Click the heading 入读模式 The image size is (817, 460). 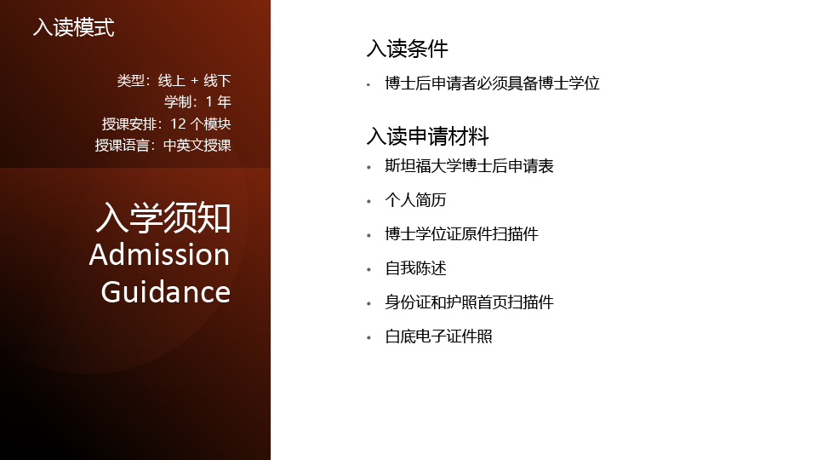73,27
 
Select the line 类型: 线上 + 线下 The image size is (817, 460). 174,81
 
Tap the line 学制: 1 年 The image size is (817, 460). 197,101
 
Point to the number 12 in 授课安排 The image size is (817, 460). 178,124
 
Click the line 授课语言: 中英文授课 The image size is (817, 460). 163,145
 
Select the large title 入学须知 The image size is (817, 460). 163,217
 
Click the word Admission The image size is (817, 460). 159,255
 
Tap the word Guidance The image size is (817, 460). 166,291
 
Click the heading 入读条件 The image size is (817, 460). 407,49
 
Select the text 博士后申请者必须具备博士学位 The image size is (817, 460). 493,83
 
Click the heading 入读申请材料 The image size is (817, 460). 427,136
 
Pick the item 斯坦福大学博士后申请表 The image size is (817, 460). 469,166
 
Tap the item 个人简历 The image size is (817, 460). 415,199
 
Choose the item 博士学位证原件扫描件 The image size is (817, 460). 461,233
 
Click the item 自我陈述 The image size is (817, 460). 415,268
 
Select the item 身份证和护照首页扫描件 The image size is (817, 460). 469,302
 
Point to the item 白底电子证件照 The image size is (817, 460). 438,336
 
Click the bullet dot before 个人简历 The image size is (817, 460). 369,201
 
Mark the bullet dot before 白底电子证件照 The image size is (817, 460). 369,338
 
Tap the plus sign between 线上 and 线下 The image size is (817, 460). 194,82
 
